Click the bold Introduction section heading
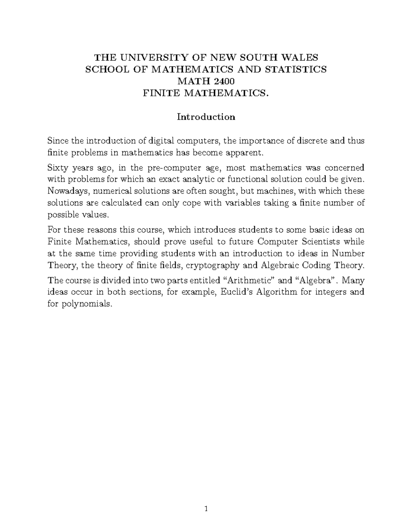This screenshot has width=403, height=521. [x=206, y=117]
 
